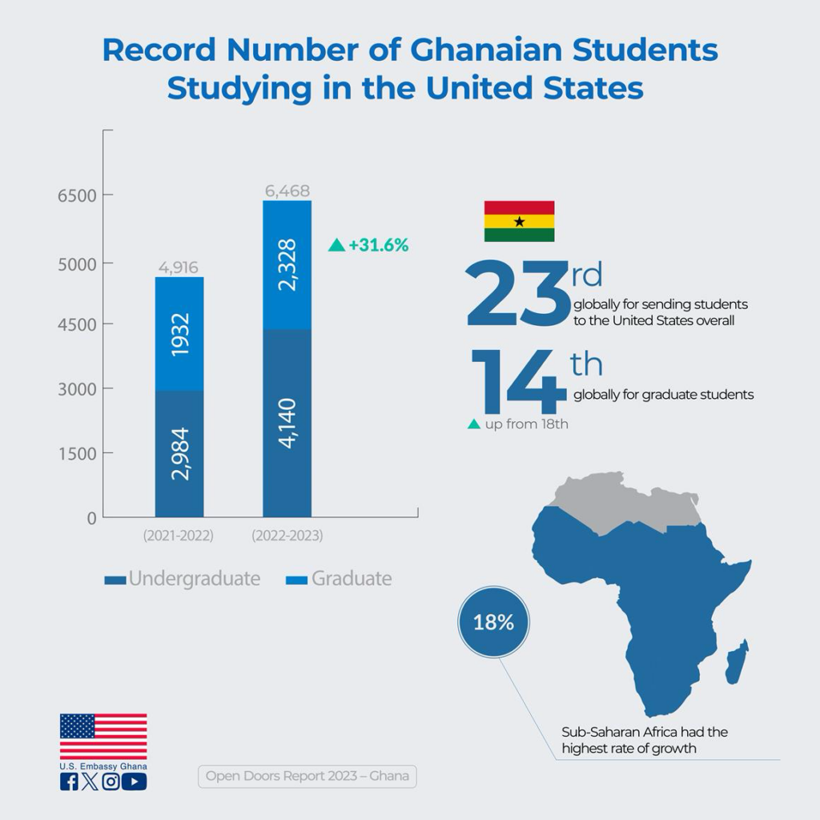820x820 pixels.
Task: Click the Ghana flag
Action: coord(519,221)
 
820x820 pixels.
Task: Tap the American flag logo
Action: coord(103,736)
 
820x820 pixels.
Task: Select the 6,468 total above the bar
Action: coord(287,191)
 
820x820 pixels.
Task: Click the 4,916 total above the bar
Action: coord(179,267)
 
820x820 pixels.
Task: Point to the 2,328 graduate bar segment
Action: coord(287,265)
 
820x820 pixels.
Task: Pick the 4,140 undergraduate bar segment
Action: coord(287,423)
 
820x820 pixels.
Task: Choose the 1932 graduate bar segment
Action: coord(179,334)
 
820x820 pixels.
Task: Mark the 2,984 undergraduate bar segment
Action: coord(179,453)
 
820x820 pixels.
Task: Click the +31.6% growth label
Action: coord(369,245)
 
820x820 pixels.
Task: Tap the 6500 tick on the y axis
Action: coord(75,196)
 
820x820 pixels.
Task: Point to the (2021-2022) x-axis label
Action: coord(179,536)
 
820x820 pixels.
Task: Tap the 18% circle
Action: coord(493,621)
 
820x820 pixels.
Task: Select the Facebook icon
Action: coord(69,782)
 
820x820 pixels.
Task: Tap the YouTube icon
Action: coord(135,782)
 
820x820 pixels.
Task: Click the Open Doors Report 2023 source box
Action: coord(307,776)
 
